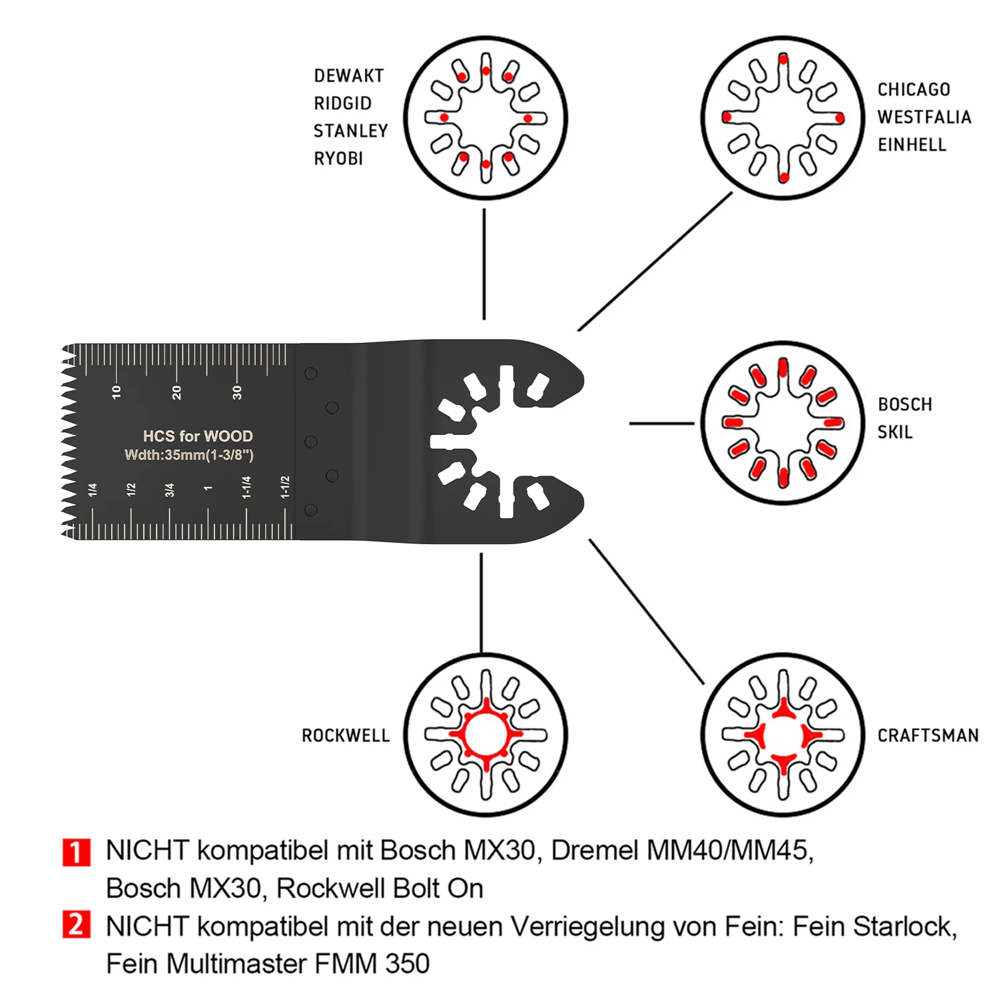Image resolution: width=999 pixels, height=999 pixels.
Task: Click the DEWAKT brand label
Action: click(x=349, y=76)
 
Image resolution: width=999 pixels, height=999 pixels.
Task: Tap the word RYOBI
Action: click(x=338, y=159)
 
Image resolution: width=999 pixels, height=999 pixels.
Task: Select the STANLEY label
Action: click(x=351, y=131)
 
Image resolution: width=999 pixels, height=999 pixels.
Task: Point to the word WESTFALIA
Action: click(x=924, y=117)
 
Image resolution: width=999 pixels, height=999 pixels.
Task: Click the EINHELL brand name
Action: click(x=912, y=145)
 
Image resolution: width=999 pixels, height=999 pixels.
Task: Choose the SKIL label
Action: click(x=895, y=432)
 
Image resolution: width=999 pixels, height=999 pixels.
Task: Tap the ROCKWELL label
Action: click(x=346, y=736)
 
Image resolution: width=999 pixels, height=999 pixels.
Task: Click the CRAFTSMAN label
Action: click(x=928, y=735)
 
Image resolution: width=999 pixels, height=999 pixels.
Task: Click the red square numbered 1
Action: click(x=77, y=852)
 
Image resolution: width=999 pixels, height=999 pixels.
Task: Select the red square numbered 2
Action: click(x=77, y=924)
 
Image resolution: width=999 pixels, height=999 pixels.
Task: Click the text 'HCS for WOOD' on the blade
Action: click(x=198, y=436)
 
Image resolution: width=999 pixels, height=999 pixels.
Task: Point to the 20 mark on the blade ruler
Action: click(x=176, y=392)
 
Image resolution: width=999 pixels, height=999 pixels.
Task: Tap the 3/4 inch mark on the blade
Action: click(x=169, y=490)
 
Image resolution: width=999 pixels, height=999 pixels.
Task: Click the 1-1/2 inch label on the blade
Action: click(x=285, y=487)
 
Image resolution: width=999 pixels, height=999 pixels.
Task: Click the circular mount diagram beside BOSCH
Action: click(x=783, y=423)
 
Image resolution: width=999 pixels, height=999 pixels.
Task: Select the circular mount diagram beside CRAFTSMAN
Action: click(x=783, y=735)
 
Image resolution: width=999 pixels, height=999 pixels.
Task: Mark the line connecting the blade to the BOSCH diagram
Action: click(x=662, y=423)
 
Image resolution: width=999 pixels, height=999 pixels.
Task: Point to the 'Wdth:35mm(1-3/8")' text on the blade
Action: click(x=189, y=455)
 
